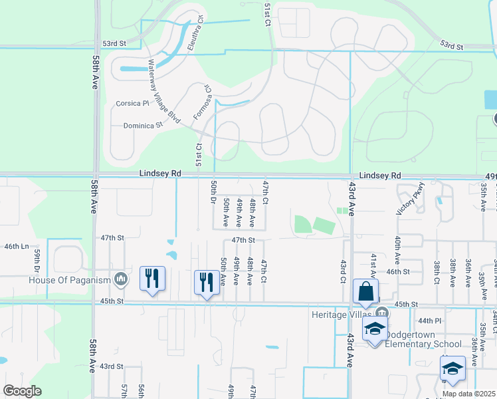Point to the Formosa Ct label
[202, 102]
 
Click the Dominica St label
[143, 125]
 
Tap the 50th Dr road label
[213, 192]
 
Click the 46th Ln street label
[17, 246]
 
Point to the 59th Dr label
[37, 261]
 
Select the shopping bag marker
[365, 291]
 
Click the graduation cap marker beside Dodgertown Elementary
[375, 329]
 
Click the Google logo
[22, 391]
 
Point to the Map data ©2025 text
[468, 394]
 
